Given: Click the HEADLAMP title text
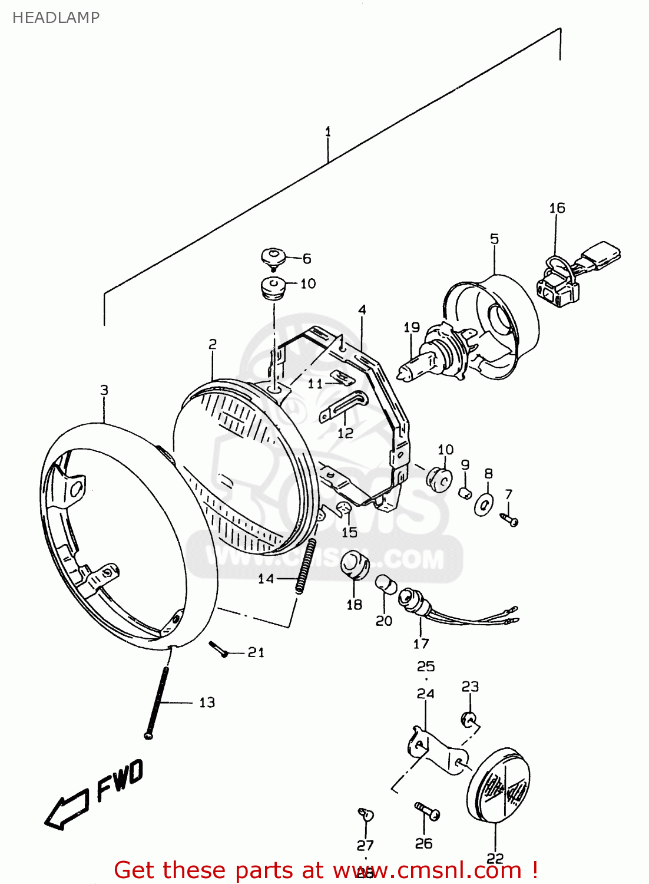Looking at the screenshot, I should pyautogui.click(x=56, y=18).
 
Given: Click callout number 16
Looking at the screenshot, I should pyautogui.click(x=557, y=208).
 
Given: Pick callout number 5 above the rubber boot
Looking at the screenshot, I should pyautogui.click(x=494, y=239).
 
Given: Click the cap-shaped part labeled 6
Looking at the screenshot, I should pyautogui.click(x=273, y=257).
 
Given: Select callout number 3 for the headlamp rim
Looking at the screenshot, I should pyautogui.click(x=104, y=390).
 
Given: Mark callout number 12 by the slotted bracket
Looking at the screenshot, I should pyautogui.click(x=345, y=433).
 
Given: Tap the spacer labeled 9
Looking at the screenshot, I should pyautogui.click(x=465, y=491).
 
